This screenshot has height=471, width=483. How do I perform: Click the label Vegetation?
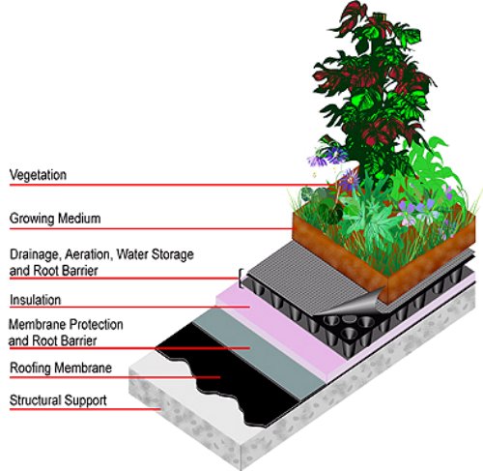pos(38,175)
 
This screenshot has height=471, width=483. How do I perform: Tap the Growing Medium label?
pos(55,219)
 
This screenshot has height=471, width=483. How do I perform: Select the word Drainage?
pos(35,254)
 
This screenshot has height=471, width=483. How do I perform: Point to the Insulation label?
pos(36,300)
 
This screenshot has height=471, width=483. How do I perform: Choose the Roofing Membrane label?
pos(61,368)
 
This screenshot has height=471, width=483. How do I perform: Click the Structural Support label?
pos(58,400)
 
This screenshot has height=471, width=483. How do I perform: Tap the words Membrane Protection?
pos(66,325)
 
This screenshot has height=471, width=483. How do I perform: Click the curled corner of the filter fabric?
pos(350,304)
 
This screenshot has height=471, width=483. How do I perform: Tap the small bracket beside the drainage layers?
pos(240,278)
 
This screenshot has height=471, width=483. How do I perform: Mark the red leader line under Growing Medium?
pos(151,229)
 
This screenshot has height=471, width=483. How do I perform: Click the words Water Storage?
pos(156,254)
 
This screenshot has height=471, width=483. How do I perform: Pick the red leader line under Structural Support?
pos(85,409)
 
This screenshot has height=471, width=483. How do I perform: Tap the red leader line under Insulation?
pos(129,307)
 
